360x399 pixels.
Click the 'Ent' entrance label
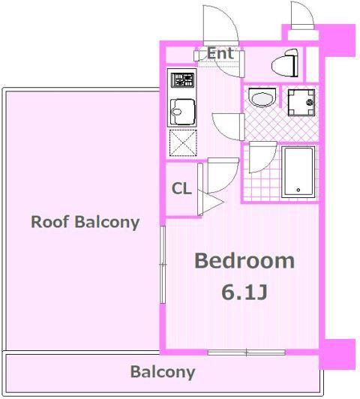tap(220, 53)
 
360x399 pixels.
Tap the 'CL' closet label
tap(181, 188)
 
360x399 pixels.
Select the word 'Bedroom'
tap(244, 261)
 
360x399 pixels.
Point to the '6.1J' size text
tap(244, 292)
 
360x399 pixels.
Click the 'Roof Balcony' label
tap(85, 222)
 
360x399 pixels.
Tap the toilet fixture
tap(285, 64)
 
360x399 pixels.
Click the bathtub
tap(298, 172)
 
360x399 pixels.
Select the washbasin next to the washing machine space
tap(262, 97)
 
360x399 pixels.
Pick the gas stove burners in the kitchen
tap(182, 80)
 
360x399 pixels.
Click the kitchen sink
tap(183, 112)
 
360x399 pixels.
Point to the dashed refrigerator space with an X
tap(183, 142)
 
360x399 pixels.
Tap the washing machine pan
tap(301, 103)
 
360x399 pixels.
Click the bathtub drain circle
tap(298, 190)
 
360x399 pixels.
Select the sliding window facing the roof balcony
tap(163, 265)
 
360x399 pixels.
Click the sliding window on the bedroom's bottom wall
tap(246, 352)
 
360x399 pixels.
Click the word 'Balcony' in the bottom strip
tap(163, 372)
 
